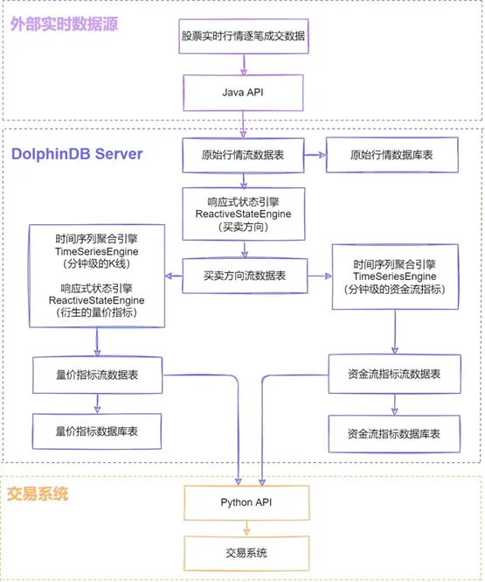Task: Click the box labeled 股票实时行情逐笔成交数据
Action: click(x=244, y=37)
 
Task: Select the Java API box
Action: click(x=243, y=93)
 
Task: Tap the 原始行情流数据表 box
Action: click(x=243, y=155)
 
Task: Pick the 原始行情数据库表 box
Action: click(x=392, y=155)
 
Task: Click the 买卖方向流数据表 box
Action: click(x=245, y=276)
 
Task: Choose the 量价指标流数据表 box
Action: click(x=98, y=375)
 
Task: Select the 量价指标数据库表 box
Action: click(x=97, y=431)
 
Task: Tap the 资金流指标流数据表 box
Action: click(x=395, y=374)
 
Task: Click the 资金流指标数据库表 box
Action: click(x=394, y=433)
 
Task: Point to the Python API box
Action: click(x=246, y=502)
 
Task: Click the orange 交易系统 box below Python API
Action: click(x=246, y=553)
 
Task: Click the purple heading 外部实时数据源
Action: click(x=64, y=25)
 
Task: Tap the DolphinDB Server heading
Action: click(x=77, y=154)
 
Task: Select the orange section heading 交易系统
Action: click(x=38, y=494)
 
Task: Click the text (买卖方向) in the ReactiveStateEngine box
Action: click(x=244, y=227)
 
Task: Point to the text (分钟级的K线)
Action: click(x=97, y=264)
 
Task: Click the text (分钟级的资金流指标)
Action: click(x=395, y=289)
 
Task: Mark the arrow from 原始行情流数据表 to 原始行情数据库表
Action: click(x=315, y=155)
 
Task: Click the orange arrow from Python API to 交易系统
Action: click(x=246, y=528)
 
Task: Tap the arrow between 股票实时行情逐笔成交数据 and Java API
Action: click(x=244, y=64)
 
